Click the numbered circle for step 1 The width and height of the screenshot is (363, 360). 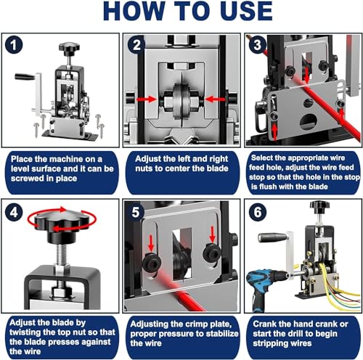coord(14,45)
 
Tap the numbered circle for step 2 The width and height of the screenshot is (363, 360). coord(136,45)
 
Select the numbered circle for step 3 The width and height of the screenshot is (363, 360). coord(257,45)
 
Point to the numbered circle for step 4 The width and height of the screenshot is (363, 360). coord(14,212)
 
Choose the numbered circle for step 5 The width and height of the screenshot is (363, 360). coord(136,212)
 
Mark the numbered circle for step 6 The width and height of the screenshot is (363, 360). coord(258,212)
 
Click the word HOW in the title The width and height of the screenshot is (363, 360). coord(134,11)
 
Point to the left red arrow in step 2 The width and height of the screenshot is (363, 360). coord(147,99)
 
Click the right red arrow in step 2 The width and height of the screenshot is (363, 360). coord(215,99)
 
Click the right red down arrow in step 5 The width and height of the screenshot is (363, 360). coord(212,234)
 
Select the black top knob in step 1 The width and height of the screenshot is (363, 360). coord(69,49)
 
